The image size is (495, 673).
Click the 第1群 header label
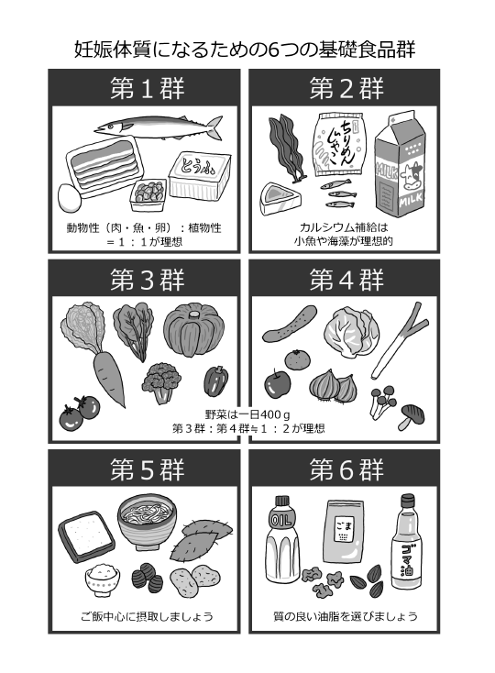(148, 88)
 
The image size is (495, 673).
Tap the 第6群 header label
(346, 469)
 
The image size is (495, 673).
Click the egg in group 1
(70, 198)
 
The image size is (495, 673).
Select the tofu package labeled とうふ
(200, 175)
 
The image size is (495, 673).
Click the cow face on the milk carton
(411, 178)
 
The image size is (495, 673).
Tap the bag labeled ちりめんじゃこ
(340, 145)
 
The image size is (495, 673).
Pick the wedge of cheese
(280, 198)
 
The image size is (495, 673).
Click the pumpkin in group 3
(194, 329)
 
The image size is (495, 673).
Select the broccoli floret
(160, 382)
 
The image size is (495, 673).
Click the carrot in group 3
(109, 378)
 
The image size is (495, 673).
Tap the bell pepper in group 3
(214, 381)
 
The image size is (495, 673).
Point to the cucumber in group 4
(289, 324)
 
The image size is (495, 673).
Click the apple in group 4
(277, 383)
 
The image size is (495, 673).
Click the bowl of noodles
(148, 522)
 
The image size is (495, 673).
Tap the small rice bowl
(102, 579)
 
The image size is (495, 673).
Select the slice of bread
(86, 536)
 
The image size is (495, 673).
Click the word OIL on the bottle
(280, 522)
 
